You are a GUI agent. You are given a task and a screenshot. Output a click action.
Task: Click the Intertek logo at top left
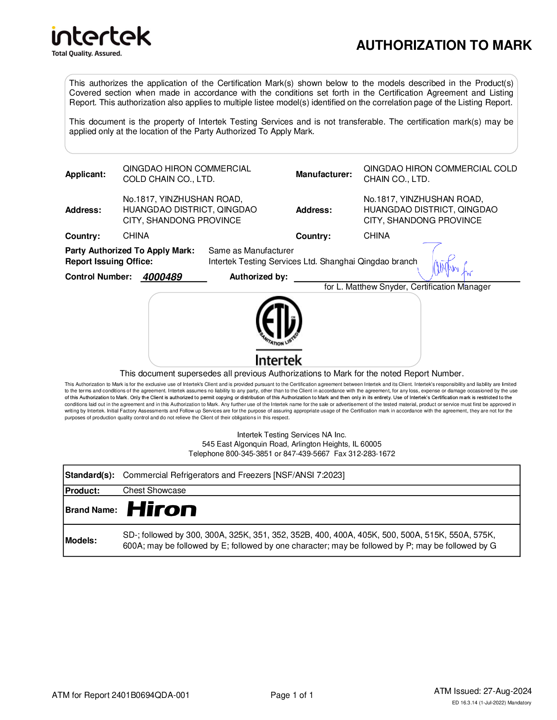101,41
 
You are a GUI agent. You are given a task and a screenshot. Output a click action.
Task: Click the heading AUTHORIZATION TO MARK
444,45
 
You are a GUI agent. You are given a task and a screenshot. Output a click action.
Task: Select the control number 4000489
162,277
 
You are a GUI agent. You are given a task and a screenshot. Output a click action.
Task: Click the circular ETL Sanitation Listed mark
278,321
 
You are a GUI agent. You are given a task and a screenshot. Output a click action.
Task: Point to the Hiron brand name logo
162,510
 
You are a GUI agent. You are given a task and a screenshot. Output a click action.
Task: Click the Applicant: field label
86,174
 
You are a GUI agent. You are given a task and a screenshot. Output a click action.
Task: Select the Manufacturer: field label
324,174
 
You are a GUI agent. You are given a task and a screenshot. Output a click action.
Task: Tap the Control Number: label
98,277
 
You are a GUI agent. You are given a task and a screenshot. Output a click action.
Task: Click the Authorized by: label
258,277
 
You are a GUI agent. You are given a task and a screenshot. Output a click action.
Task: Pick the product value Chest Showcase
154,490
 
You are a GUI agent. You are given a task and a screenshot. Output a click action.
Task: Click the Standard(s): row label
90,475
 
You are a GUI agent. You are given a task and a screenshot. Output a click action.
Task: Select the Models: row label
81,541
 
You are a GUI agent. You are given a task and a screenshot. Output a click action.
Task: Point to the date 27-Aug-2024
507,691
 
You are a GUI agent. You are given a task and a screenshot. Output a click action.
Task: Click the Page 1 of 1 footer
292,695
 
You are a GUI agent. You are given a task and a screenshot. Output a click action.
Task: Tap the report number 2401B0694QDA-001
150,695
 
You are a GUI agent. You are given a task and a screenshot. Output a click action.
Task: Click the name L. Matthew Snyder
371,287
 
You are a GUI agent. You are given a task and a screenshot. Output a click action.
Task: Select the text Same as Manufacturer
251,251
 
